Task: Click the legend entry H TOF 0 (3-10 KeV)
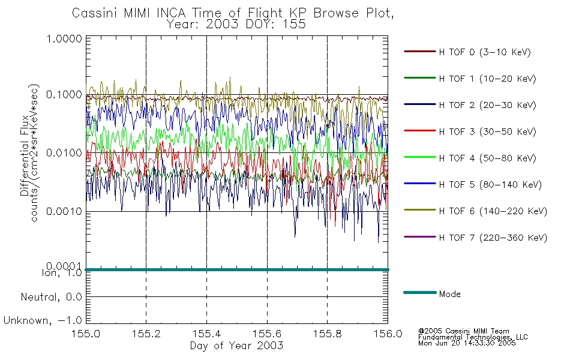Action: coord(485,52)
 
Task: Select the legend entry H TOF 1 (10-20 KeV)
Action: coord(487,79)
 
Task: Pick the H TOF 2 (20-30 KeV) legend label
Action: coord(487,105)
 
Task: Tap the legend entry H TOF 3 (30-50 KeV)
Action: coord(487,131)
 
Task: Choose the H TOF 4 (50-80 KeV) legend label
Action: coord(487,158)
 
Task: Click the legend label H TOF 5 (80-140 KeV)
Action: coord(490,185)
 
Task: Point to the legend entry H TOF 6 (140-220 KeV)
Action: coord(493,211)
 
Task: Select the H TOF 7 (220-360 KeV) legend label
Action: coord(493,238)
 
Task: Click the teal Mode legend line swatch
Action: coord(420,292)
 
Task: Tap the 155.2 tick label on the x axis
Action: coord(146,334)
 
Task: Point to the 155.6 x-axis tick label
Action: coord(267,334)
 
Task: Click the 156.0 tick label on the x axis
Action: coord(388,334)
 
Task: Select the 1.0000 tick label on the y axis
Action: coord(64,38)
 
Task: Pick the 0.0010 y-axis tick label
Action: coord(64,211)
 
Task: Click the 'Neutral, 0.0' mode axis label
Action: coord(51,297)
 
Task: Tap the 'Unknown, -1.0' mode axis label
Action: coord(43,320)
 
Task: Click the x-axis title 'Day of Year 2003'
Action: coord(236,346)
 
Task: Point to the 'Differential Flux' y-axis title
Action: coord(25,155)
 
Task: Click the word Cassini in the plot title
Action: coord(95,13)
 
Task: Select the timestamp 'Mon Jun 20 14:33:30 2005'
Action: coord(467,343)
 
